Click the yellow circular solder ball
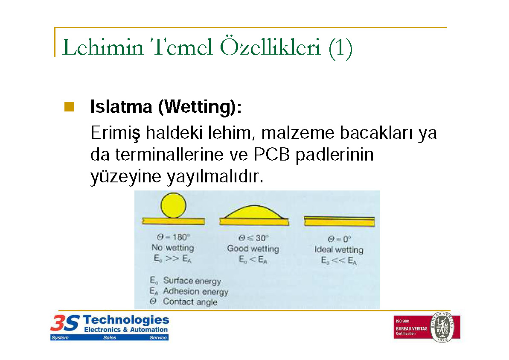tap(173, 205)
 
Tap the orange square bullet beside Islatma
tap(69, 107)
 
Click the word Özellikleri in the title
tap(270, 47)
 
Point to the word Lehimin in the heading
tap(102, 47)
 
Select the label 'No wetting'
tap(172, 248)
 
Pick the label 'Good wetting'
tap(253, 249)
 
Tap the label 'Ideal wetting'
tap(339, 250)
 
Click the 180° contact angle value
tap(173, 237)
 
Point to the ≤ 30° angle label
tap(253, 238)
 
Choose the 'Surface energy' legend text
tap(192, 281)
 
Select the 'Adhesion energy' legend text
tap(196, 291)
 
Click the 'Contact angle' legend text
tap(190, 302)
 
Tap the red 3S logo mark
tap(65, 323)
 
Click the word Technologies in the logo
tap(126, 320)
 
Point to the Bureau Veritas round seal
tap(442, 327)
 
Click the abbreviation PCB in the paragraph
tap(271, 154)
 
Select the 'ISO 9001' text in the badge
tap(402, 321)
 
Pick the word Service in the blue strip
tap(158, 338)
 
